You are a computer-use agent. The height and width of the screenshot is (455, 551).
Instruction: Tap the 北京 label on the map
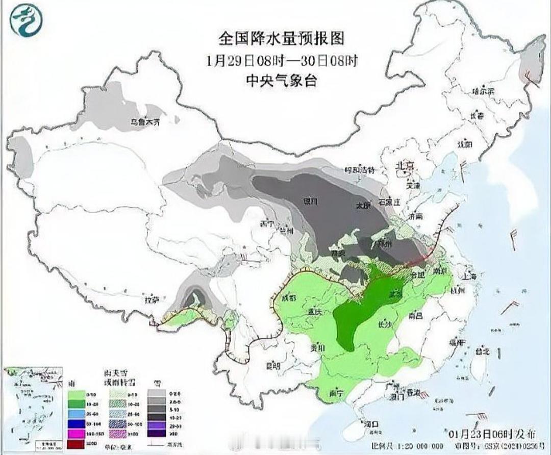(407, 166)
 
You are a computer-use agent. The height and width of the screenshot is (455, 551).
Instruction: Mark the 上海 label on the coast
(470, 276)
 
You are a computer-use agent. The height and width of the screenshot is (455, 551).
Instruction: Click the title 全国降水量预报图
(281, 38)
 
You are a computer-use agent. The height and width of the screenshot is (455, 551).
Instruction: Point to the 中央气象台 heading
(281, 80)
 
